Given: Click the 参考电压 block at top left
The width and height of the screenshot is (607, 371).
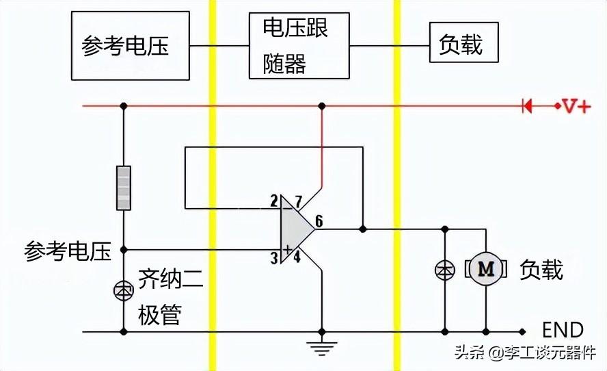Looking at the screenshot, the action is coord(130,46).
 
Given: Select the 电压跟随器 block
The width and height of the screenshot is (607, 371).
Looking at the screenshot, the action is coord(299,46).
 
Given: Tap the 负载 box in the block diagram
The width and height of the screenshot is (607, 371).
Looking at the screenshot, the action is coord(463,42).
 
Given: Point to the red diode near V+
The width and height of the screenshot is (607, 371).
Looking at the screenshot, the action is coord(527,106).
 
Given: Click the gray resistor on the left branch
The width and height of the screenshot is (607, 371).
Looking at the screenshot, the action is coord(124,188).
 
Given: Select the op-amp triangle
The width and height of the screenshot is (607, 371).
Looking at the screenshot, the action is coord(297,229).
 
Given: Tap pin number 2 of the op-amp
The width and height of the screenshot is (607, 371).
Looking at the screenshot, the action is coord(274,201).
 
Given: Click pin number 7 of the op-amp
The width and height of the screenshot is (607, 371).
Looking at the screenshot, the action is coord(298,202).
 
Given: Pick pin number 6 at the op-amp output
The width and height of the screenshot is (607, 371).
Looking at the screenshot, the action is coord(319,221).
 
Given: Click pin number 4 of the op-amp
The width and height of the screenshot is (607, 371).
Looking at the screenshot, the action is coord(297,256).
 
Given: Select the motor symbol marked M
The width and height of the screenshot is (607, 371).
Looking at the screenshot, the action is coord(486,269).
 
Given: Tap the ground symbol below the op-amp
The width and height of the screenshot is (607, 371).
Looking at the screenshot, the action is coord(322,348).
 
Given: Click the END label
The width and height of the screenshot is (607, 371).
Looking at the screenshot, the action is coord(563,331).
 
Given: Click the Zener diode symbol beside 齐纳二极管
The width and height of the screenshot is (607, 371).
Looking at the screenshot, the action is coord(124,290).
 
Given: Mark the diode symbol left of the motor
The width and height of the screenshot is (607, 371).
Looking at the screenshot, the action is coord(445,270).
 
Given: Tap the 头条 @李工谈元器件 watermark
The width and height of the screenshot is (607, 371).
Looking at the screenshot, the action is coord(526,353).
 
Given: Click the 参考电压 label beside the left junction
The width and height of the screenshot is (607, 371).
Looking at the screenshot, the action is coord(68,251).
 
